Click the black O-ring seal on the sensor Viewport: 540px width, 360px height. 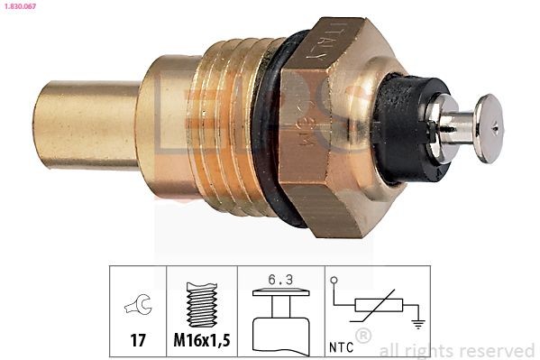pos(268,126)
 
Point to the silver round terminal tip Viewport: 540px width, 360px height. pos(488,128)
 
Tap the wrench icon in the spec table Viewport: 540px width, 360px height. pos(138,307)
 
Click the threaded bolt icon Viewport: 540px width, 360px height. pos(202,305)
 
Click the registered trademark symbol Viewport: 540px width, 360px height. pos(363,337)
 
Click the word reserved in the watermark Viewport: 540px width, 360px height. pos(499,350)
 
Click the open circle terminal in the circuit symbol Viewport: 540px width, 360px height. pos(334,281)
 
